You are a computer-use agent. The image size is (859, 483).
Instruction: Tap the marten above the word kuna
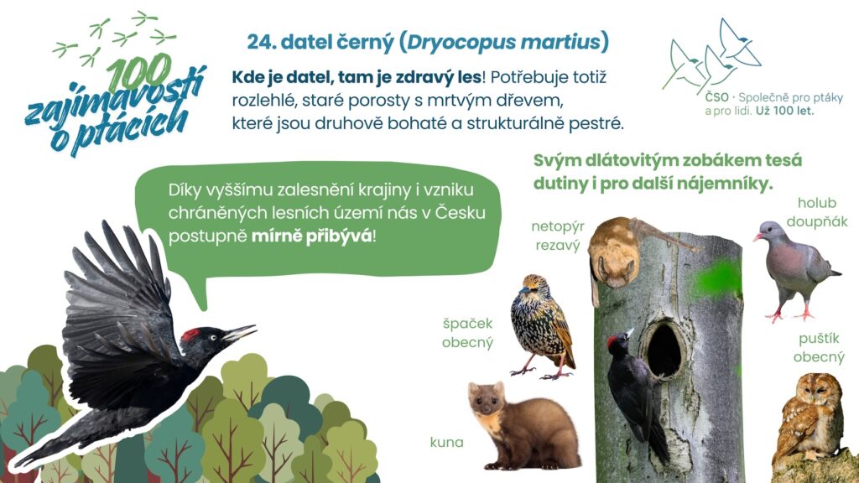[x=523, y=427]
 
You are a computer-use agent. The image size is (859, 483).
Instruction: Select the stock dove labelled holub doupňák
[x=794, y=269]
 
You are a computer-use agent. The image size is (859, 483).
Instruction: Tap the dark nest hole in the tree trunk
[x=664, y=350]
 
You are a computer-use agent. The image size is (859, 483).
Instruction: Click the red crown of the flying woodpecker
[x=190, y=334]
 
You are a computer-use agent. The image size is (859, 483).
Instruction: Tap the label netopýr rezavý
[x=558, y=236]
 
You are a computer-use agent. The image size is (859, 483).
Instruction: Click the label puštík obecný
[x=819, y=348]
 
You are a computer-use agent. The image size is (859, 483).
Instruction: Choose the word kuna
[x=446, y=442]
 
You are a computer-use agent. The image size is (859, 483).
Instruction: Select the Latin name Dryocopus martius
[x=503, y=43]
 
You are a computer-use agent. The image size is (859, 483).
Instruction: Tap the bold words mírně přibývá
[x=312, y=237]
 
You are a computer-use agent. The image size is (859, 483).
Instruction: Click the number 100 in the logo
[x=140, y=72]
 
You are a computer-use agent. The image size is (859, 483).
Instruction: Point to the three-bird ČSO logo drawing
[x=711, y=55]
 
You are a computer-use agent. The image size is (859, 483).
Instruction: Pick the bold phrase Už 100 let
[x=785, y=112]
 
